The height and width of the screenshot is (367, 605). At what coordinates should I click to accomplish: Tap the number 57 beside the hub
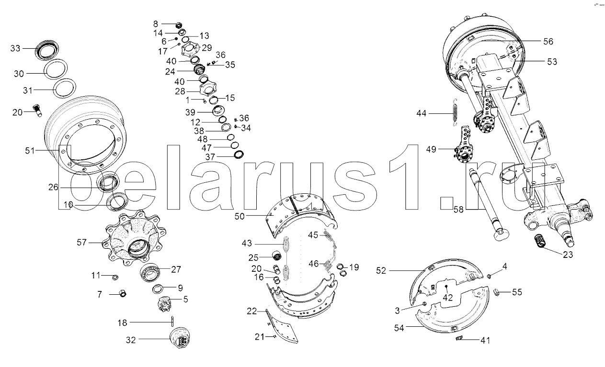pos(81,243)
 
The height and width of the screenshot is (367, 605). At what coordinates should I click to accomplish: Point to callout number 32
pos(131,340)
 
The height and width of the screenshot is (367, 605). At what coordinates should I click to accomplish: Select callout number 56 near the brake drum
pos(548,42)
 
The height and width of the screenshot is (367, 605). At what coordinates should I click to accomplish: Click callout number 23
pos(568,255)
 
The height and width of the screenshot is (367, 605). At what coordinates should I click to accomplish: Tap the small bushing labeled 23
pos(541,241)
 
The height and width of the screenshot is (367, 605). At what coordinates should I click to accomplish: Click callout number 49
pos(431,149)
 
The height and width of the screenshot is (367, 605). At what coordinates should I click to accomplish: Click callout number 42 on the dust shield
pos(447,297)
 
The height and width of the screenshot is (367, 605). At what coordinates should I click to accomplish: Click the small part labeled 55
pos(497,292)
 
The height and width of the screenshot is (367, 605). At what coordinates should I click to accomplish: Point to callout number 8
pos(155,23)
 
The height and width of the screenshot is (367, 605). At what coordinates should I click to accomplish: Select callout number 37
pos(210,156)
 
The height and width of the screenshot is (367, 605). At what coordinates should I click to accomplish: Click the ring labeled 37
pos(239,155)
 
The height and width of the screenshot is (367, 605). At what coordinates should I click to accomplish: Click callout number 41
pos(486,340)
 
